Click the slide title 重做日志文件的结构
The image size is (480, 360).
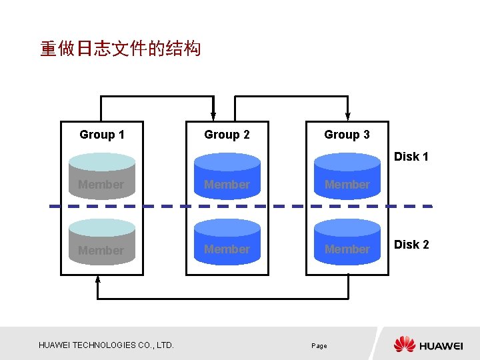tap(120, 49)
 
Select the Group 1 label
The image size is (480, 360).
tap(102, 135)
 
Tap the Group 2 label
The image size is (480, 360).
tap(227, 135)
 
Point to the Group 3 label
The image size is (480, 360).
tap(347, 135)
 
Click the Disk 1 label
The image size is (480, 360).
tap(411, 157)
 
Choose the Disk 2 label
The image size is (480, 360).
tap(411, 245)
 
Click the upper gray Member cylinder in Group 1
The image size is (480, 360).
tap(101, 177)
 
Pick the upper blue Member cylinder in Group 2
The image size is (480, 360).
tap(227, 177)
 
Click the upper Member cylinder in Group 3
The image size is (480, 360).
tap(347, 177)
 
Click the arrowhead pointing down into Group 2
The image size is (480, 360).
tap(213, 117)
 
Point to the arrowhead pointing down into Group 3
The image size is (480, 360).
tap(347, 117)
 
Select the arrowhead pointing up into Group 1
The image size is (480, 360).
tap(98, 279)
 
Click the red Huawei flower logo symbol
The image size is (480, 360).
tap(404, 345)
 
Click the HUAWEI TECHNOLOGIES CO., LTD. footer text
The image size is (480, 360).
tap(106, 345)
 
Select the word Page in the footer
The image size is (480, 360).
tap(319, 346)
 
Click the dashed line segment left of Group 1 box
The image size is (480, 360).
tap(55, 206)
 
